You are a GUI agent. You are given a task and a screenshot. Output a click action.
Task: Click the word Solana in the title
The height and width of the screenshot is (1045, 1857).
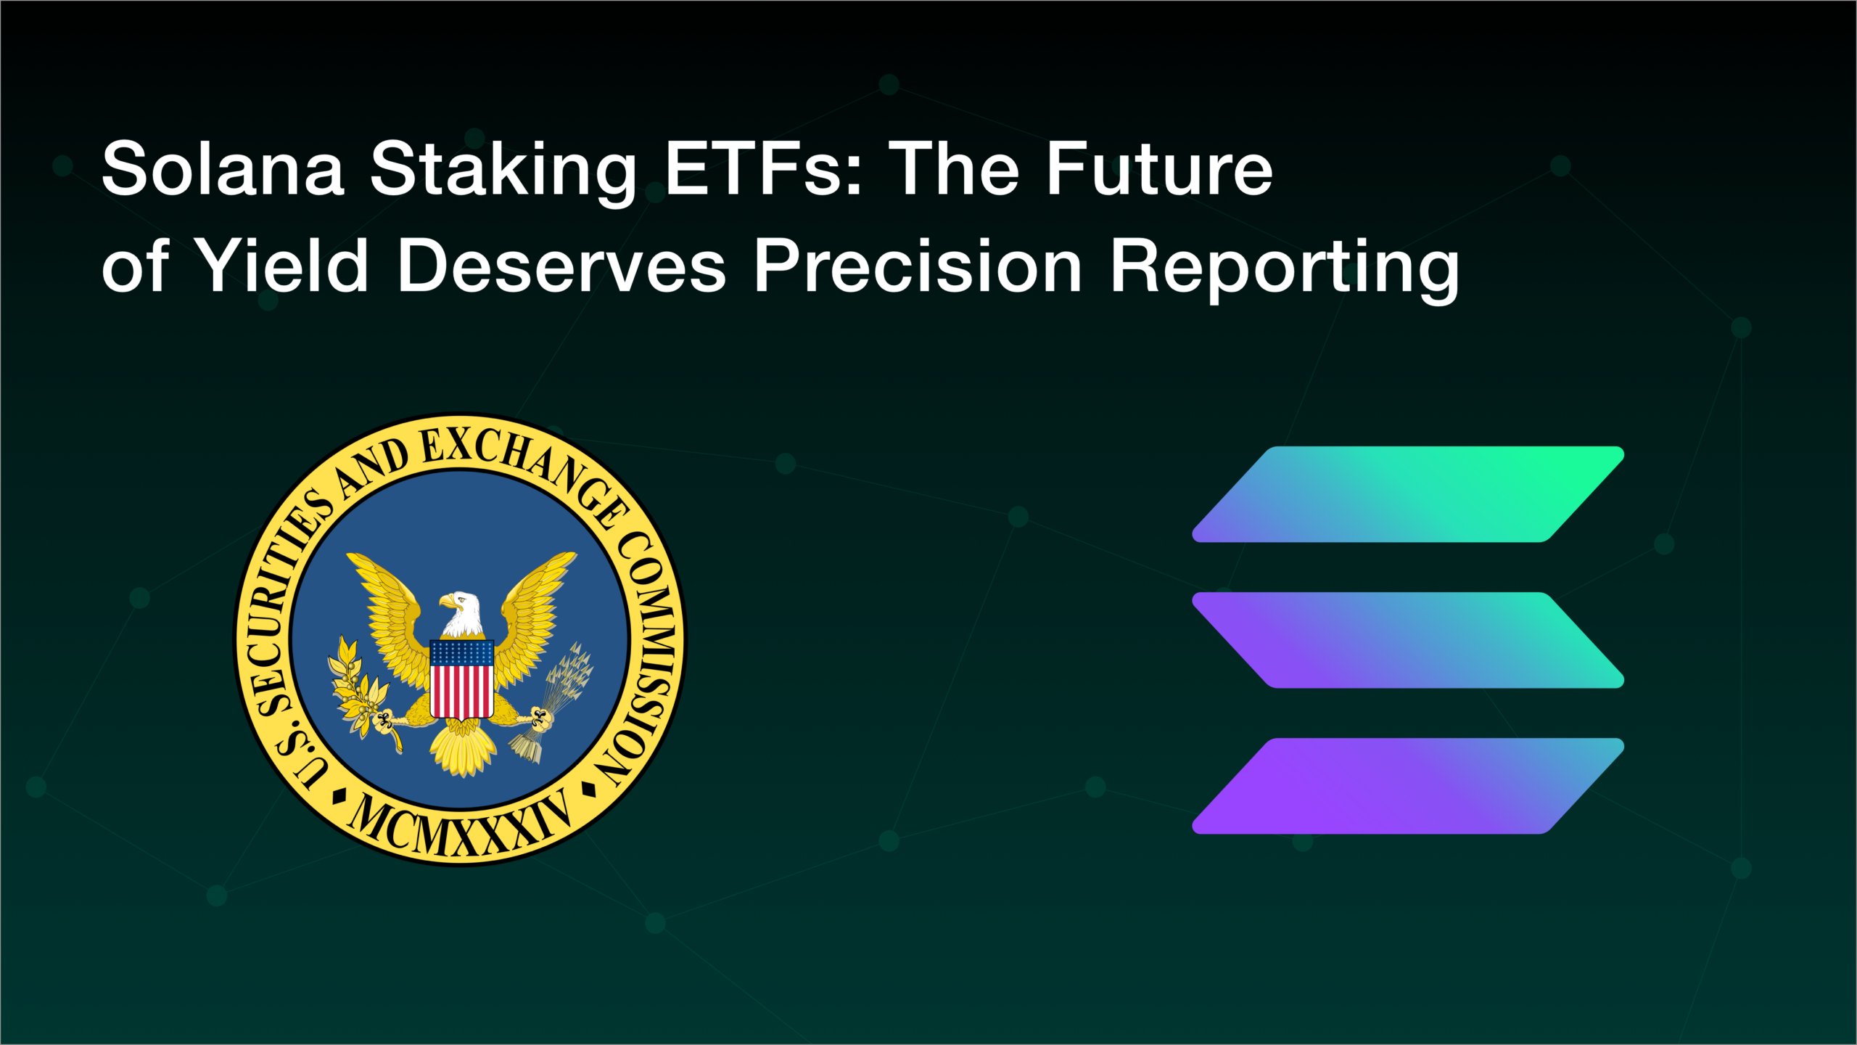click(x=222, y=169)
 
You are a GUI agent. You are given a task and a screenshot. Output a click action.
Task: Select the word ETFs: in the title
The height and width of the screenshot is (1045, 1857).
click(x=764, y=169)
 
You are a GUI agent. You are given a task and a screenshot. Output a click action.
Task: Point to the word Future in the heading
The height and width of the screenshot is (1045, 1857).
click(x=1158, y=169)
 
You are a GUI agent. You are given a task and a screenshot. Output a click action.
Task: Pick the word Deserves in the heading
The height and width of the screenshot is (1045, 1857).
click(x=561, y=266)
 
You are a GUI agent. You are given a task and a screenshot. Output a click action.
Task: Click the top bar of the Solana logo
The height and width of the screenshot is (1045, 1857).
click(x=1407, y=494)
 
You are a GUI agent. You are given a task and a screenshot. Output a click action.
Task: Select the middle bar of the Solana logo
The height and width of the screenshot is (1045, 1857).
click(x=1407, y=640)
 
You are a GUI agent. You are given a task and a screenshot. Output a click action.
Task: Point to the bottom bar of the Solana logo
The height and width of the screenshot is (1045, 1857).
click(x=1407, y=786)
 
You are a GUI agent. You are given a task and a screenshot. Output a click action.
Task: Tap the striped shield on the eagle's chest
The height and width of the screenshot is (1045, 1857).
click(x=461, y=679)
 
